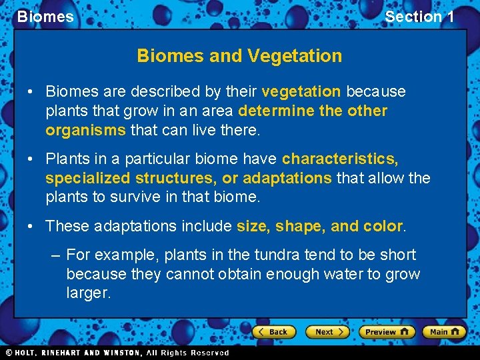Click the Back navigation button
(273, 331)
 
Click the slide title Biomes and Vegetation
(239, 56)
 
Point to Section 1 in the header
(419, 17)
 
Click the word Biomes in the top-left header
(45, 17)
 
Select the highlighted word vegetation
(301, 91)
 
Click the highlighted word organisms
(85, 130)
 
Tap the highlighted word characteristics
(340, 159)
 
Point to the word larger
(89, 293)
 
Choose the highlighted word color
(383, 226)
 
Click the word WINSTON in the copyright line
(119, 353)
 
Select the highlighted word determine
(276, 111)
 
